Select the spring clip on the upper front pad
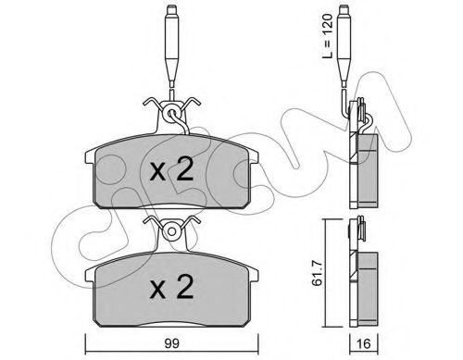[173, 110]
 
